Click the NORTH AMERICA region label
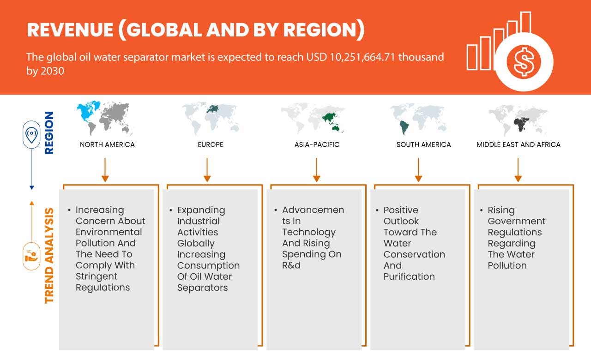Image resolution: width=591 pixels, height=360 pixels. click(107, 144)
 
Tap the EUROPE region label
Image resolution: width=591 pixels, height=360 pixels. click(210, 144)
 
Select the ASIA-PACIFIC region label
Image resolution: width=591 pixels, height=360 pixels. click(317, 144)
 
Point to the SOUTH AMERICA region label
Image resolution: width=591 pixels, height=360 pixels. click(423, 144)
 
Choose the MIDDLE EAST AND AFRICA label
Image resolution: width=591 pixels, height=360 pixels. click(519, 144)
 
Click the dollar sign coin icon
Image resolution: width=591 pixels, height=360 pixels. click(524, 61)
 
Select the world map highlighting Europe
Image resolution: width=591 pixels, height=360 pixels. click(210, 118)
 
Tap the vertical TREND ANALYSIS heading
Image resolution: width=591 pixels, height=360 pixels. click(49, 255)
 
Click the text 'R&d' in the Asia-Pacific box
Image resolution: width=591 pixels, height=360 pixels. click(291, 265)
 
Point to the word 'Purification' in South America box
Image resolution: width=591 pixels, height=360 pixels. click(409, 276)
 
